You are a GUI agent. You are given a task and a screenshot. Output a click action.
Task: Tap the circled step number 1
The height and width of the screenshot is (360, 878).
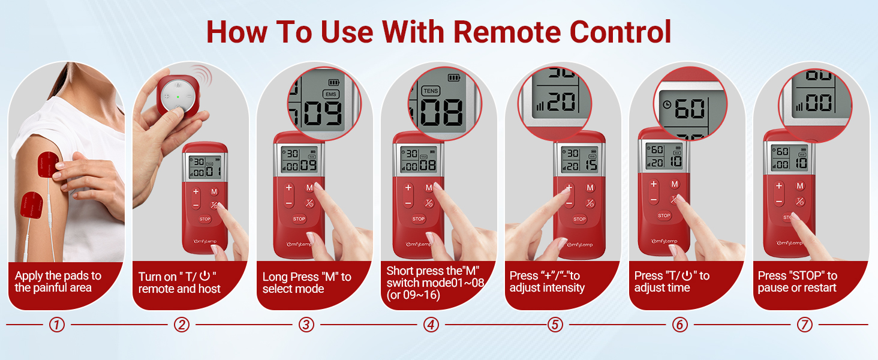coord(56,325)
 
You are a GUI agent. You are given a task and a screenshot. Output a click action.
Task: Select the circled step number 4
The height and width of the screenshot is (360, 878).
coord(431,325)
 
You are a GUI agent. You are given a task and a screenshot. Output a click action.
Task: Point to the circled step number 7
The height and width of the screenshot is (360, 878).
coord(804,325)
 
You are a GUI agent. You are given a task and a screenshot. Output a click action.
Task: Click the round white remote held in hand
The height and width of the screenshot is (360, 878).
coord(178,97)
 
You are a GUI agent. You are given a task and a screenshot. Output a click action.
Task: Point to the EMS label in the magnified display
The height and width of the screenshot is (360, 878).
coord(330,94)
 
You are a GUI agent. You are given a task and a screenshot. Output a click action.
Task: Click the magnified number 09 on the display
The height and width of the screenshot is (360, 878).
coord(320,113)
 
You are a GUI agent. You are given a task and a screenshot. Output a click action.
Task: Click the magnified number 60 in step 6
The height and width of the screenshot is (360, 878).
coord(690,109)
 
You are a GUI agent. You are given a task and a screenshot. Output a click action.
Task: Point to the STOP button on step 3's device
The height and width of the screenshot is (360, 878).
coord(299,219)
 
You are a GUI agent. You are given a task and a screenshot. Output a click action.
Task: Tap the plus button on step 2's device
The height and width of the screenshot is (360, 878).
coord(196,192)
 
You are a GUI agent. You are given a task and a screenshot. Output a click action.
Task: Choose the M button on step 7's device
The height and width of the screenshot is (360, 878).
coord(800,186)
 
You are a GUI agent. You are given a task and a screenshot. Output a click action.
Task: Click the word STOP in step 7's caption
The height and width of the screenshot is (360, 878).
coord(805,276)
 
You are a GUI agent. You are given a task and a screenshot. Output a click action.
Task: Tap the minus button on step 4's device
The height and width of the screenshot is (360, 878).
coord(408,203)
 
